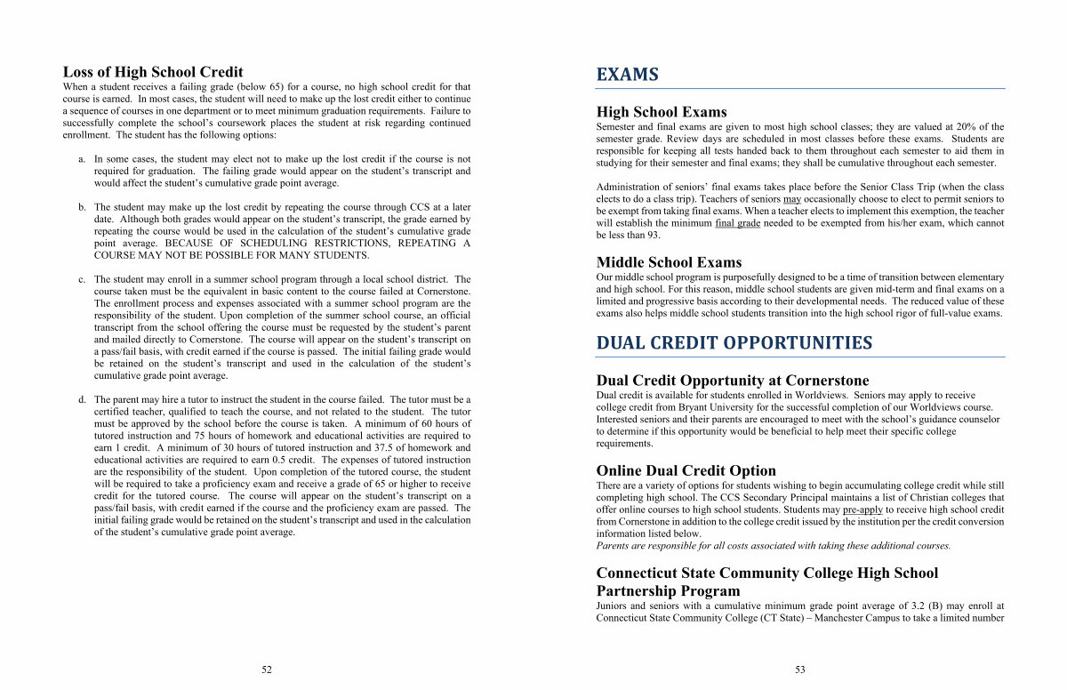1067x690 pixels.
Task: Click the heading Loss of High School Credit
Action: click(152, 72)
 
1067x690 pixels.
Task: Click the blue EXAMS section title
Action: click(627, 75)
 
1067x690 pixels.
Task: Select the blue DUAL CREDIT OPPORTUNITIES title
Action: click(734, 343)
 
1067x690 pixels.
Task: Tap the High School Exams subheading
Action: click(662, 112)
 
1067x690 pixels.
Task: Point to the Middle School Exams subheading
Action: click(669, 262)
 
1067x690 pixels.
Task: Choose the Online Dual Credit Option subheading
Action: click(686, 470)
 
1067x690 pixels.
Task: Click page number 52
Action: click(267, 670)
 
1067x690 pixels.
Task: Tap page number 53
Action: click(799, 670)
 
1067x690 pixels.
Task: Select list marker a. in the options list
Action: click(82, 159)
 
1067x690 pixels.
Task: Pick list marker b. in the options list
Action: click(82, 207)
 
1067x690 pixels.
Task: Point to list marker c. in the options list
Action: click(82, 280)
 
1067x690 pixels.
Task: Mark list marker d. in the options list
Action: click(82, 400)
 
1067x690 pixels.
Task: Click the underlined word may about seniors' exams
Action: click(792, 199)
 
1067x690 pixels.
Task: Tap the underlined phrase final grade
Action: click(737, 223)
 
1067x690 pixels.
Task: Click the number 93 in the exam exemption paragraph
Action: click(654, 235)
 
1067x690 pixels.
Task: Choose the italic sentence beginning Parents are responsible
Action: click(773, 546)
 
